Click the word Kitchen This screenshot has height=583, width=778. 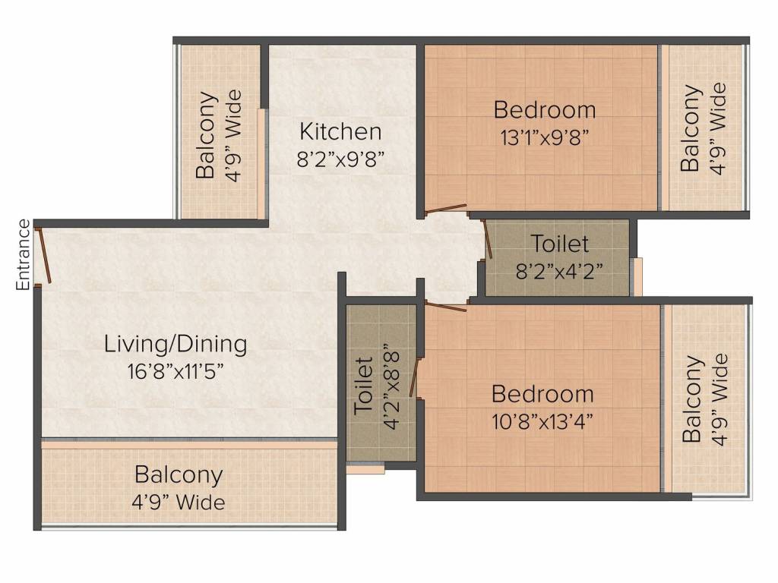(340, 132)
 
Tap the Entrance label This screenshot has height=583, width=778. (24, 255)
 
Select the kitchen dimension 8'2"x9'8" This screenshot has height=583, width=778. (340, 159)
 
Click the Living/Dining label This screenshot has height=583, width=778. (176, 345)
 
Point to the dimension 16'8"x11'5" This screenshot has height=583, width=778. (176, 370)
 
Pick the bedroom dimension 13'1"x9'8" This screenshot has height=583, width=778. (544, 137)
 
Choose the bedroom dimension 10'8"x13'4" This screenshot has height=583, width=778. (542, 422)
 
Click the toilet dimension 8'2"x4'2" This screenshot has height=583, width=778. (559, 271)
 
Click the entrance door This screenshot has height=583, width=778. (43, 255)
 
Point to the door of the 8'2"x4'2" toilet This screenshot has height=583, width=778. (488, 239)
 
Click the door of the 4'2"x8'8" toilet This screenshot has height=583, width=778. (414, 378)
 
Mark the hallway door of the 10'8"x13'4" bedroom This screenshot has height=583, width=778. (446, 307)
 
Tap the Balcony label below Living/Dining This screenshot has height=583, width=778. (179, 475)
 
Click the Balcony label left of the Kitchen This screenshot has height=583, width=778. (206, 135)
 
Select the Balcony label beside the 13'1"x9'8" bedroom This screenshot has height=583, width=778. (691, 128)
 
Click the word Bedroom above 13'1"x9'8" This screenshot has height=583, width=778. (544, 109)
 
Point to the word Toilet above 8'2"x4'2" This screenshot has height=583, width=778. (560, 244)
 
